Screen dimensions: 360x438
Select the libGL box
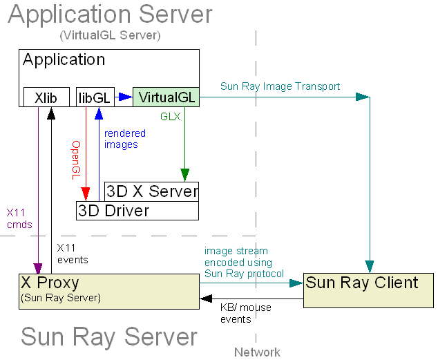[x=94, y=97]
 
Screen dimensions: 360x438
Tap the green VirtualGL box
[x=166, y=97]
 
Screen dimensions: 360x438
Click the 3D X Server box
[x=152, y=191]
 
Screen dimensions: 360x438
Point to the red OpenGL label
[x=77, y=160]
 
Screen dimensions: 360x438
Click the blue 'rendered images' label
[x=124, y=139]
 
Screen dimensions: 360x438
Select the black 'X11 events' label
[x=72, y=254]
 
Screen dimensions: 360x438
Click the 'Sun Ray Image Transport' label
[x=280, y=86]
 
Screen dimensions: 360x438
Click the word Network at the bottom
[x=257, y=352]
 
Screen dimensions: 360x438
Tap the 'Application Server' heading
[x=110, y=15]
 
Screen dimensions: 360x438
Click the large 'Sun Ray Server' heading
[x=108, y=337]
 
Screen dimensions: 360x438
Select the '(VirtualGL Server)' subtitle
[x=110, y=35]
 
